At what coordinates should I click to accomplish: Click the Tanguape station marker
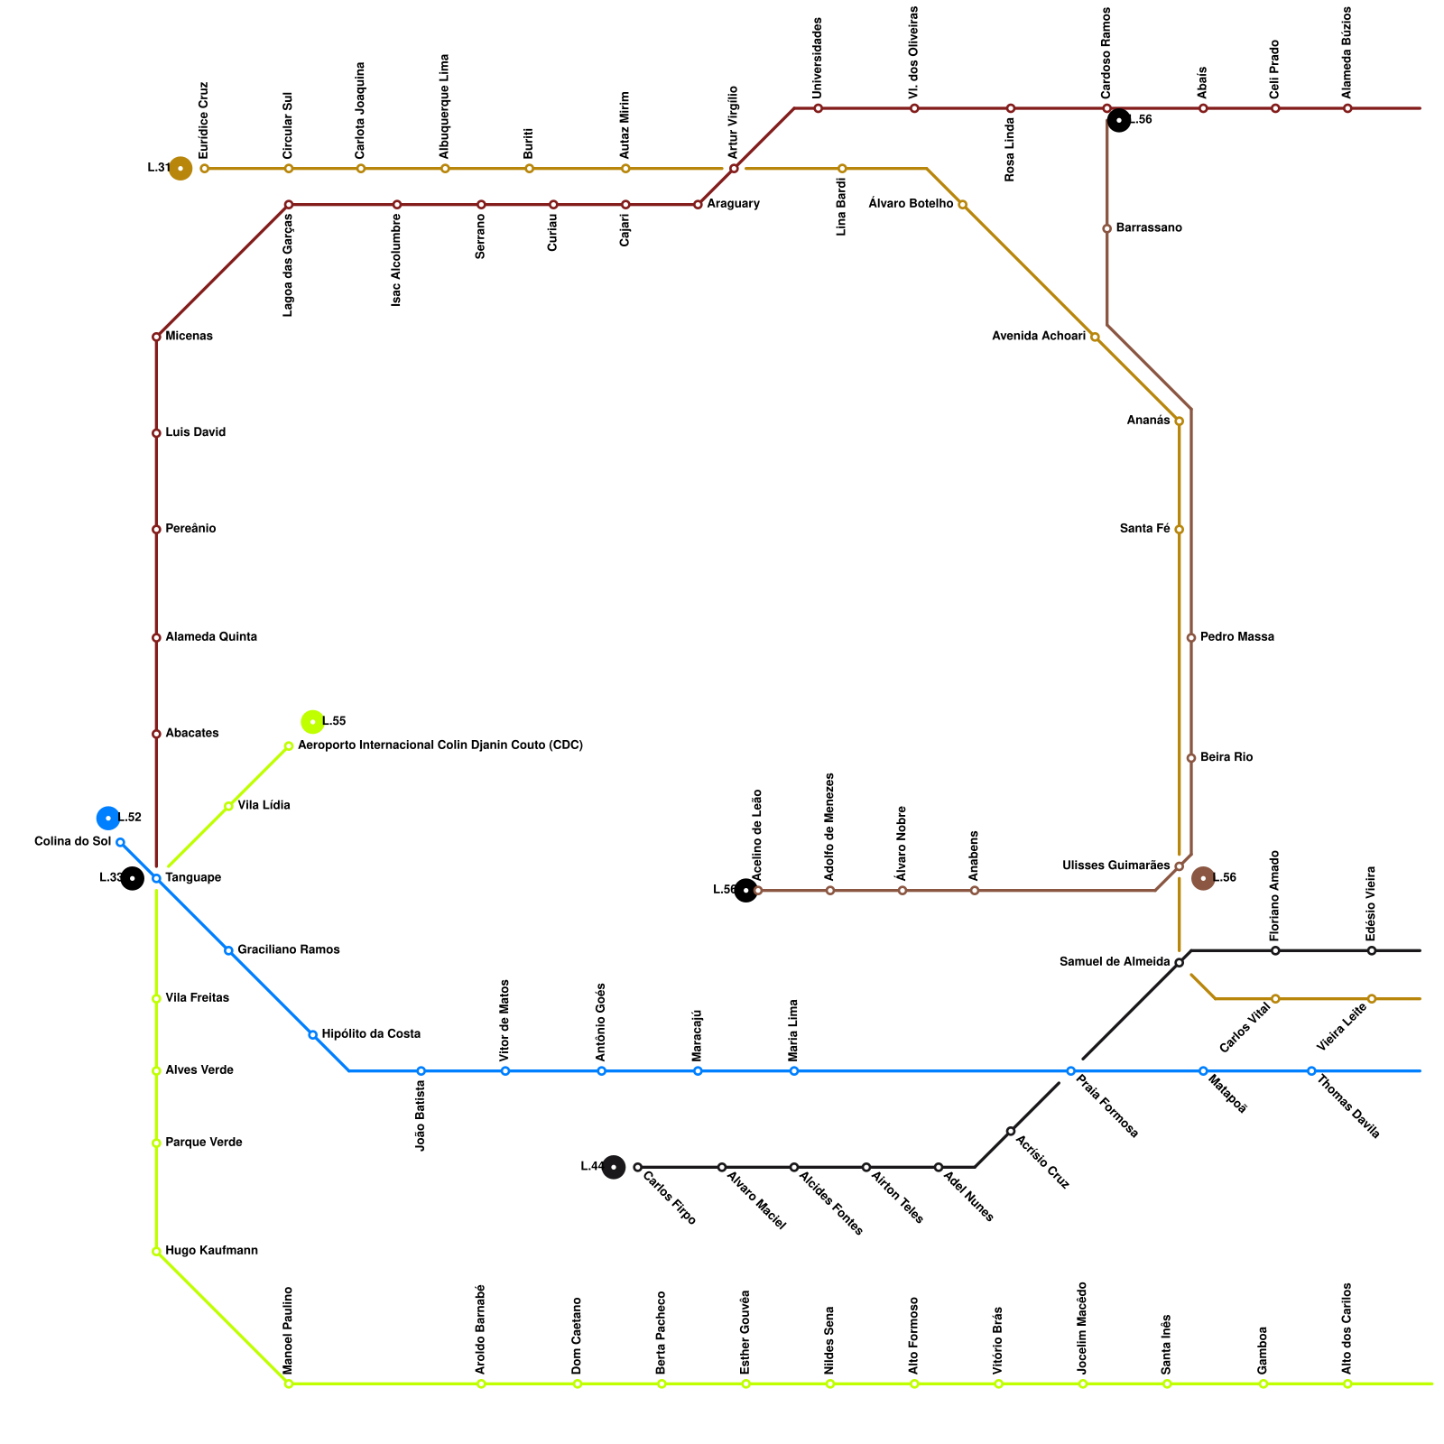156,878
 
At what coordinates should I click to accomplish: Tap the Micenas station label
189,337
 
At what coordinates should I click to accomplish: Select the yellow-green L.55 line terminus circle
312,721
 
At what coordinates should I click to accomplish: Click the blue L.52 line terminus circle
108,818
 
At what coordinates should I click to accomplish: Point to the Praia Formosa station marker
1070,1071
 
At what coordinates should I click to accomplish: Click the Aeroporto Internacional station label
440,745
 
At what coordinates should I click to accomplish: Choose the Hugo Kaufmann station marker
156,1252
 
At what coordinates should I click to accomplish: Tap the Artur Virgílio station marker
734,169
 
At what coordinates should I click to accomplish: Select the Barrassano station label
1148,228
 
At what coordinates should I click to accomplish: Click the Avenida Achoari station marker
1095,337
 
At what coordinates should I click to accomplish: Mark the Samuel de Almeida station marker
1179,963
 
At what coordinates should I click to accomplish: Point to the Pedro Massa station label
1236,637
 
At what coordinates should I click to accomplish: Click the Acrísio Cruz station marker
1011,1131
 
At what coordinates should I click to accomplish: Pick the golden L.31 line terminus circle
180,169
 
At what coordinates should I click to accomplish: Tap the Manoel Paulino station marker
289,1384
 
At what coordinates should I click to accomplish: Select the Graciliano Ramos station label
288,950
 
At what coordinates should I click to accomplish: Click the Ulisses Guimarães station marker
1179,866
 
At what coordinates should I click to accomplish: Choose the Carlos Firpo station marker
637,1167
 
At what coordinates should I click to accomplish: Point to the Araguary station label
733,204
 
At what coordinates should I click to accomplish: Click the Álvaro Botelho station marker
962,205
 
